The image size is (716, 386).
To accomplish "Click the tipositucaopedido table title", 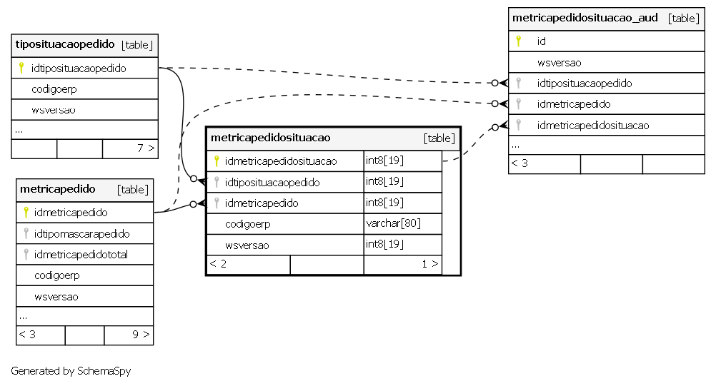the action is pyautogui.click(x=65, y=44).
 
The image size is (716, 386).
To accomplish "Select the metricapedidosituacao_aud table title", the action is pyautogui.click(x=585, y=18).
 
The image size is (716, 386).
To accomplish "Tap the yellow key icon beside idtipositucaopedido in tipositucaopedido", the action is pyautogui.click(x=21, y=68).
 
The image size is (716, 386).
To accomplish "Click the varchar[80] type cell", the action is pyautogui.click(x=393, y=223).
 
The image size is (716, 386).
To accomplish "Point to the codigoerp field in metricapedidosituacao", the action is pyautogui.click(x=247, y=224).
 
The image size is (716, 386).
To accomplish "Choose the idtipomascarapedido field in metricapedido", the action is pyautogui.click(x=81, y=234).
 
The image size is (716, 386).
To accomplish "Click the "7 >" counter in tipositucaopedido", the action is pyautogui.click(x=146, y=148).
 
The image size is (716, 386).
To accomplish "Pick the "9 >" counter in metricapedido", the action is pyautogui.click(x=141, y=335).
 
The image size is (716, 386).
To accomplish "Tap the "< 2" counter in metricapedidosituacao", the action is pyautogui.click(x=218, y=264).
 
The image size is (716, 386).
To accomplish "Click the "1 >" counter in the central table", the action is pyautogui.click(x=429, y=264).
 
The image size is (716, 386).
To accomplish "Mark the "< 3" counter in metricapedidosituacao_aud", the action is pyautogui.click(x=519, y=163).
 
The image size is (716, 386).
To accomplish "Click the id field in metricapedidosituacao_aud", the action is pyautogui.click(x=541, y=41).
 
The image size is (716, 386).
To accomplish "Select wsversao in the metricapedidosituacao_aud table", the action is pyautogui.click(x=559, y=63).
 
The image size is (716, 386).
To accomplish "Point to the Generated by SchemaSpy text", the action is pyautogui.click(x=71, y=371).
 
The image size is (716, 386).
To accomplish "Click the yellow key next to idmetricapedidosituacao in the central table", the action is pyautogui.click(x=217, y=161).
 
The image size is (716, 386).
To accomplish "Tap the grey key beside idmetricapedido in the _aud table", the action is pyautogui.click(x=518, y=104).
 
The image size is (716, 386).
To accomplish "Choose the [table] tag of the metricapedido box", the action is pyautogui.click(x=133, y=190).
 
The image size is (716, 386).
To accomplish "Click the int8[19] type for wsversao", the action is pyautogui.click(x=384, y=244).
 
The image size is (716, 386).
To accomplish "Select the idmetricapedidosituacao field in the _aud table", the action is pyautogui.click(x=592, y=126).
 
